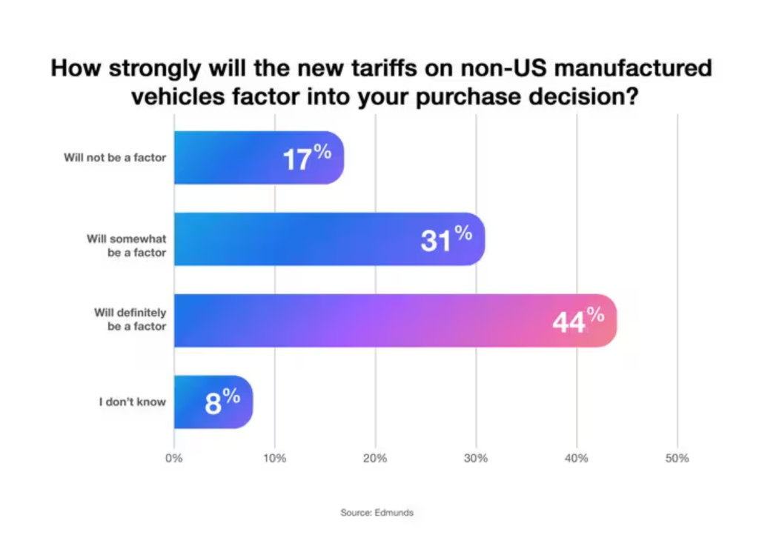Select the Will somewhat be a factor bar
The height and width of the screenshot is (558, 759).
tap(296, 239)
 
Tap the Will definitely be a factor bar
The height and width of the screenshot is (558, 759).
tap(371, 320)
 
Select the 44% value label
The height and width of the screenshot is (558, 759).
tap(578, 319)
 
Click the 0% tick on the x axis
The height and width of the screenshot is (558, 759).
tap(174, 458)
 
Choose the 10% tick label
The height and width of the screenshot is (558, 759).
tap(275, 458)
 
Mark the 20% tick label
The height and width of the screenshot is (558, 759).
tap(376, 458)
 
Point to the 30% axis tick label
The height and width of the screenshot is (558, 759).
tap(476, 458)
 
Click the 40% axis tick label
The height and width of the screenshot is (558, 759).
tap(577, 458)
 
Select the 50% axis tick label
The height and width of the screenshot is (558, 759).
tap(677, 458)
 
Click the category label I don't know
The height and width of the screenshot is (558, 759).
tap(133, 402)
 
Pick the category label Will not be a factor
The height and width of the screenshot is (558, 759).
tap(114, 158)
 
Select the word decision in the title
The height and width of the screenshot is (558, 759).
tap(577, 98)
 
